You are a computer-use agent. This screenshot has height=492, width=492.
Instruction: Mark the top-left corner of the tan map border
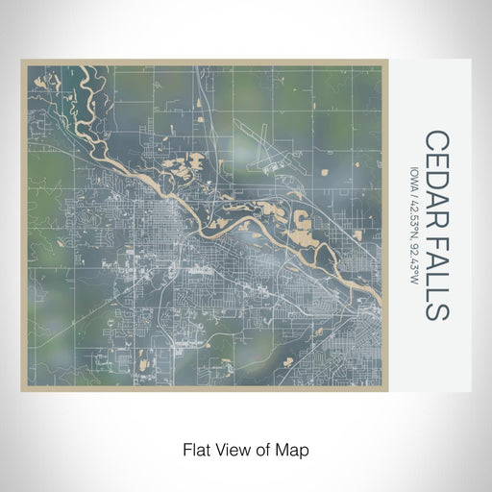(22, 61)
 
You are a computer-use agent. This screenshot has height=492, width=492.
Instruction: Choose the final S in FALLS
(435, 310)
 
